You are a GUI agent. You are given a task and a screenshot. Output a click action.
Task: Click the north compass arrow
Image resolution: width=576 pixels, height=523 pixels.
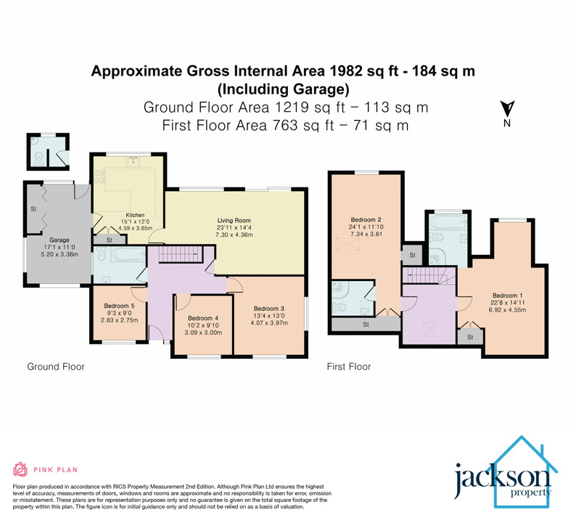[x=507, y=109]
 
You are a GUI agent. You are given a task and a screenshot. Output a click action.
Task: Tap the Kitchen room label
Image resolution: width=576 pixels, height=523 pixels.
[x=135, y=215]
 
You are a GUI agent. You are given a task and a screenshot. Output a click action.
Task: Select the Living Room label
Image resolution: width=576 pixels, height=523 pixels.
[x=234, y=221]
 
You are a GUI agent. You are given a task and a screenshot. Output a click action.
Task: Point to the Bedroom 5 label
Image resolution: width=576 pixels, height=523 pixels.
[x=119, y=306]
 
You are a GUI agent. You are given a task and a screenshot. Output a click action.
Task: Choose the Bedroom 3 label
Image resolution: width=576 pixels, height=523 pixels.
[x=269, y=309]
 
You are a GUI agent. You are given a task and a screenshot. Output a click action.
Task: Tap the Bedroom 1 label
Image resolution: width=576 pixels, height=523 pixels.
[x=507, y=296]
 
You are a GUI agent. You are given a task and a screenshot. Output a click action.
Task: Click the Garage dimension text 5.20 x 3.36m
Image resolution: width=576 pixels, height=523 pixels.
[x=59, y=254]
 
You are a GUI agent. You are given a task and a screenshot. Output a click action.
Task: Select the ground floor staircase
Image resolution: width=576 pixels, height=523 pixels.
[x=181, y=254]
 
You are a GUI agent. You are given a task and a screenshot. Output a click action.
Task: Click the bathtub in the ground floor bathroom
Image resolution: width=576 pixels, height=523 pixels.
[x=128, y=254]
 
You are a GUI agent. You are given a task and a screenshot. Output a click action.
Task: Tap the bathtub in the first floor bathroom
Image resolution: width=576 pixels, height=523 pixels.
[x=448, y=222]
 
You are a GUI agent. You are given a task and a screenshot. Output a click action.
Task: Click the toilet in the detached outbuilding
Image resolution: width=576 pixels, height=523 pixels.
[x=38, y=158]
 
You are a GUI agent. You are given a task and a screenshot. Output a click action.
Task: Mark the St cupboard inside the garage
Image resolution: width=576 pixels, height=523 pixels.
[x=34, y=209]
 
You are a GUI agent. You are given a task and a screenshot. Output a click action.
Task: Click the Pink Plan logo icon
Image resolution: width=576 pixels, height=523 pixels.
[x=20, y=469]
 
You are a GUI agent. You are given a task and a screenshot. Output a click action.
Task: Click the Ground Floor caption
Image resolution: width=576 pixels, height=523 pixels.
[x=56, y=367]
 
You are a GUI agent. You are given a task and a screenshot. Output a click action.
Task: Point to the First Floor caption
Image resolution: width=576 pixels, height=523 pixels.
[x=349, y=367]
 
